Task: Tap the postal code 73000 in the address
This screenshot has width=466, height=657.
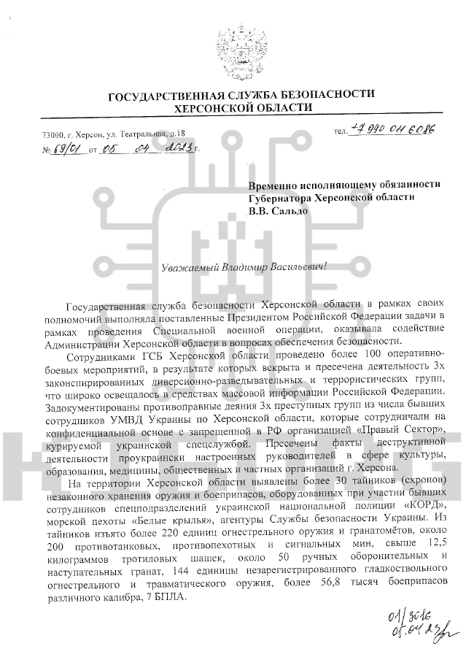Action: [54, 134]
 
